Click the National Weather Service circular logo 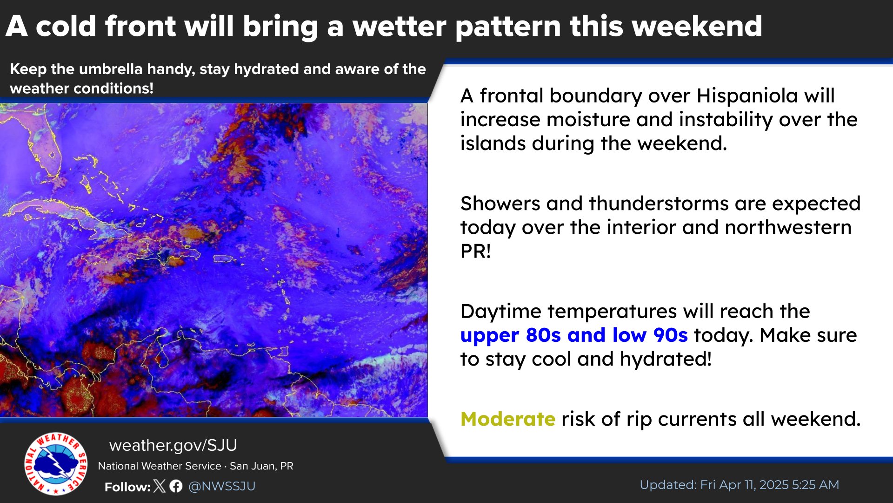56,464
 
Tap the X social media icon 160,486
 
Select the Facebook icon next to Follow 176,486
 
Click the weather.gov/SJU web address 173,445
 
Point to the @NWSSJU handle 222,486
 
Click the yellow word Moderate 507,419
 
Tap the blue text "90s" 670,335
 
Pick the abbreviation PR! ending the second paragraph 475,251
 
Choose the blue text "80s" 543,335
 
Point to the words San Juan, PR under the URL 261,466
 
